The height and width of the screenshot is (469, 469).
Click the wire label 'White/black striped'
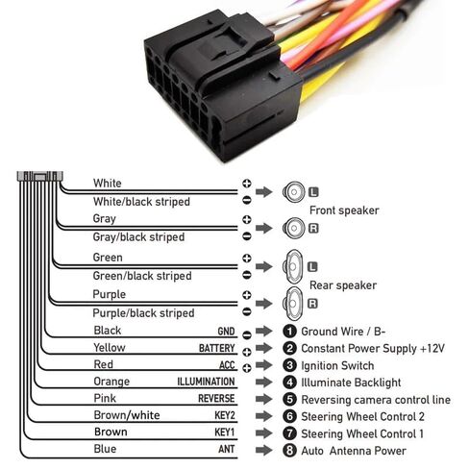click(141, 202)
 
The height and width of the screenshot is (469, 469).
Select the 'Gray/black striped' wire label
click(138, 237)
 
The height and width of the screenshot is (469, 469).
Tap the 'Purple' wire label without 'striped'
click(109, 294)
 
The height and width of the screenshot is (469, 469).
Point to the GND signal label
click(226, 332)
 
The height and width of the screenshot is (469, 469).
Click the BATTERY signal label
click(217, 348)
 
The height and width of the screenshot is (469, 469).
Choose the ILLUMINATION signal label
click(206, 382)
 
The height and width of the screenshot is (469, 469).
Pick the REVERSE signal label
click(216, 399)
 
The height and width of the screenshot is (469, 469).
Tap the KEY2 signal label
click(225, 415)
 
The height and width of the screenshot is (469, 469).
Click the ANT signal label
click(227, 449)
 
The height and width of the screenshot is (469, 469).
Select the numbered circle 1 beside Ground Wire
click(289, 332)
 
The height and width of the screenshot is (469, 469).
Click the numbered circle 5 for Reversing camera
click(289, 399)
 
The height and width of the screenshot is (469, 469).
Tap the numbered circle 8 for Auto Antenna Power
click(289, 450)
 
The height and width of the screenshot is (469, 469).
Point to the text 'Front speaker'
click(344, 210)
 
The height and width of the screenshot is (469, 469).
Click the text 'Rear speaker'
click(343, 285)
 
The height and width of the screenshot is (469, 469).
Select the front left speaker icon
click(294, 192)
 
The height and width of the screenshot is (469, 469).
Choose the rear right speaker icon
click(293, 303)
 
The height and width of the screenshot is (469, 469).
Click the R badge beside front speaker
click(313, 228)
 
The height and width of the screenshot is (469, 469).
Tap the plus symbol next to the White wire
click(247, 184)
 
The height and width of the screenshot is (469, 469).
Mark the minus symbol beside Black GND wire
click(247, 335)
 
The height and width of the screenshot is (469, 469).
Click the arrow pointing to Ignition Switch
click(264, 364)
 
